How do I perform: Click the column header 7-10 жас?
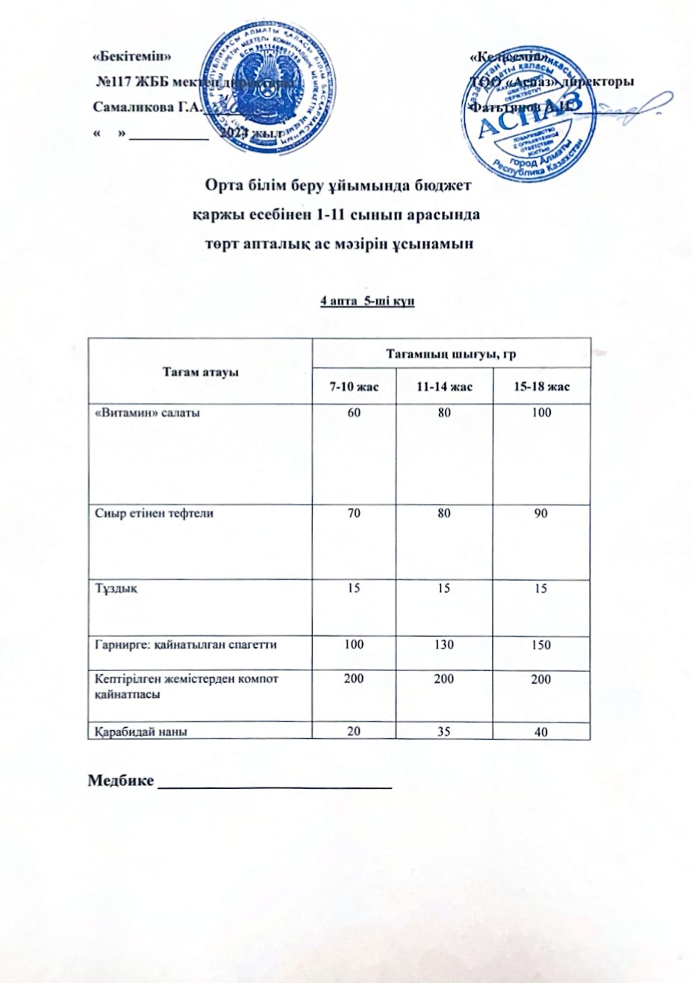[x=354, y=387]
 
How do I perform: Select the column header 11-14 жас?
[x=444, y=387]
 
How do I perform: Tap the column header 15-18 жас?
[x=543, y=387]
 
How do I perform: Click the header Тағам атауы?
[x=201, y=372]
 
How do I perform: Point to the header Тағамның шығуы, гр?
[x=451, y=354]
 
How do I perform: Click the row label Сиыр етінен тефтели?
[x=155, y=514]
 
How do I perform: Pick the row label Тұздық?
[x=116, y=588]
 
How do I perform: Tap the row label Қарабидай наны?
[x=141, y=731]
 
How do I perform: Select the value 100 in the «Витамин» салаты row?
[x=541, y=412]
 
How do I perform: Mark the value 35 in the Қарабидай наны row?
[x=444, y=731]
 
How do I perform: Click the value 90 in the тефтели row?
[x=541, y=514]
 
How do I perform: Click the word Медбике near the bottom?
[x=121, y=781]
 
